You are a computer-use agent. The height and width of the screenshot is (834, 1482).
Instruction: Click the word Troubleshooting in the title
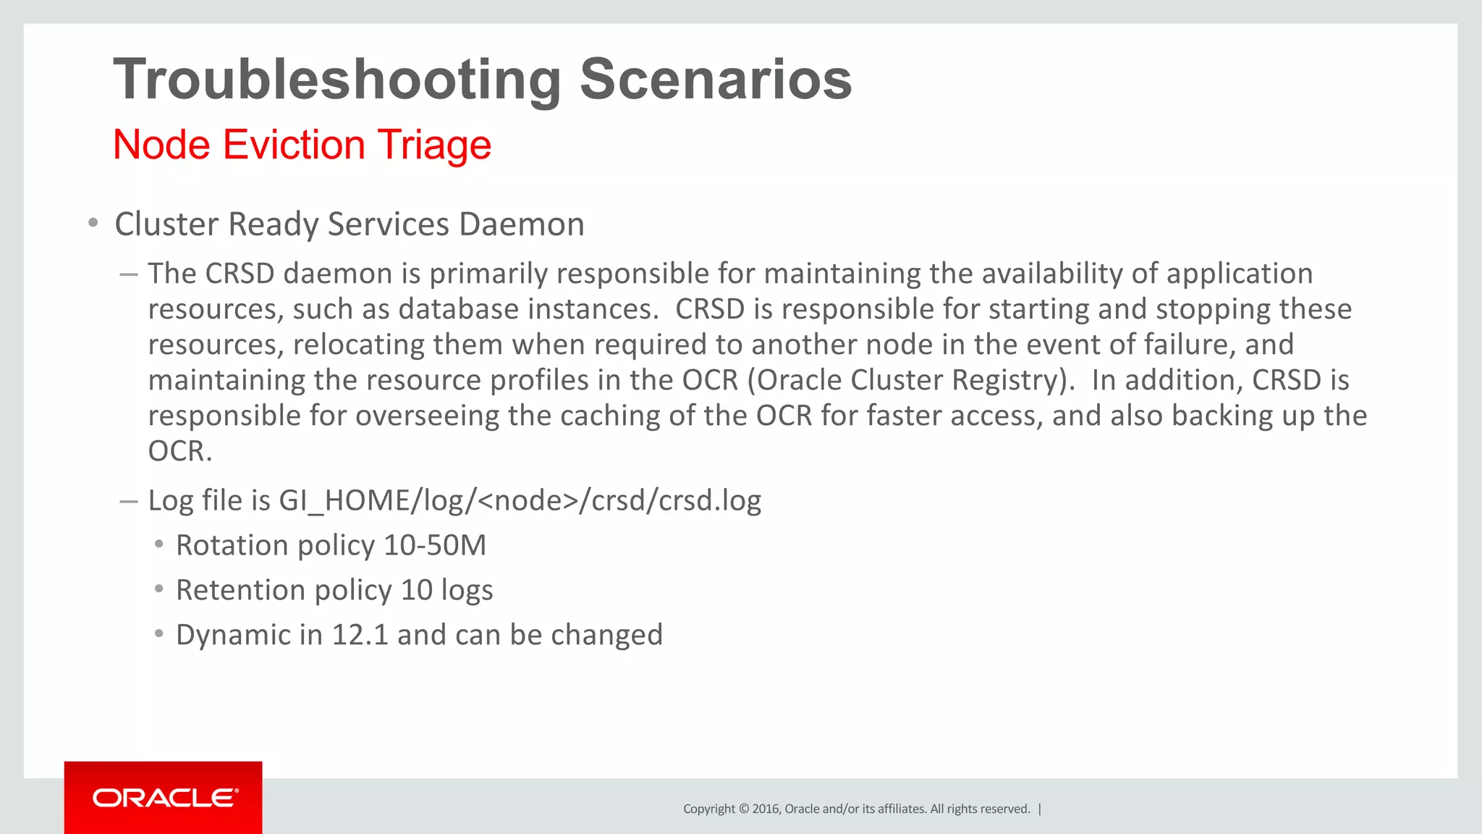coord(337,80)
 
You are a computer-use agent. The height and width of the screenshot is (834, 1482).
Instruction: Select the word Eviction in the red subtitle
coord(294,145)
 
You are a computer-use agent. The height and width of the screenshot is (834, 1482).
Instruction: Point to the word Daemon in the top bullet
coord(521,224)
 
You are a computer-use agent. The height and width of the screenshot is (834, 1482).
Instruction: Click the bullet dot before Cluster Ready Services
coord(93,223)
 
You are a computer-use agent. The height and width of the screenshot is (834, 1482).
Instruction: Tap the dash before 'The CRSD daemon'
coord(129,274)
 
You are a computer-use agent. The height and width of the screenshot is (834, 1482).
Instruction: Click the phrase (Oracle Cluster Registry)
coord(911,381)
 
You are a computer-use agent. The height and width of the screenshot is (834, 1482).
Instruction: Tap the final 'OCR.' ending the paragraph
coord(180,452)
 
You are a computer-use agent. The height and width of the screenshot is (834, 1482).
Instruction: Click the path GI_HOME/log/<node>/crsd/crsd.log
coord(520,501)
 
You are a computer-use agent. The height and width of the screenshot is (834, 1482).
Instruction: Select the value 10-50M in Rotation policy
coord(435,546)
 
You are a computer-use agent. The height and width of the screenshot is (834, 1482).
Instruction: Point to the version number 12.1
coord(360,635)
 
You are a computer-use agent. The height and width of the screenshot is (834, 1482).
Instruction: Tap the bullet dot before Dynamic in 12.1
coord(159,634)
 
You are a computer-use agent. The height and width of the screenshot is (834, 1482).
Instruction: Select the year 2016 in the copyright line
coord(766,809)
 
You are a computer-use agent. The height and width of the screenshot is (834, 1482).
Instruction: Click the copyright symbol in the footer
coord(743,809)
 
